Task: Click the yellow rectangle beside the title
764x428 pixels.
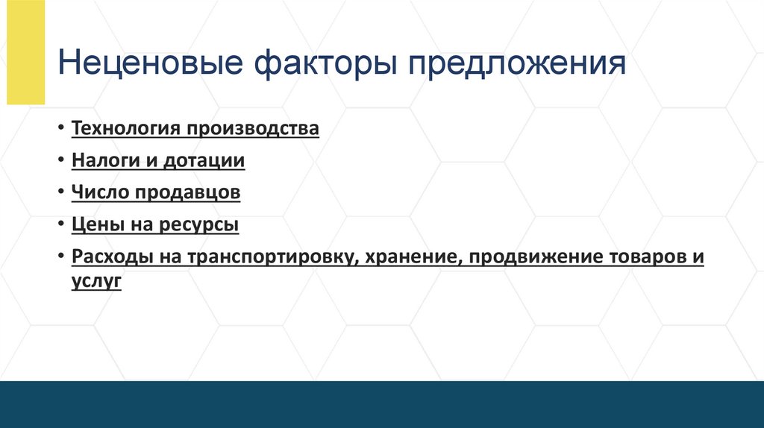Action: tap(26, 52)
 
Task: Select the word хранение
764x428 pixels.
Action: tap(405, 257)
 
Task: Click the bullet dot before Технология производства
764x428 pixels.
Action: tap(59, 128)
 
